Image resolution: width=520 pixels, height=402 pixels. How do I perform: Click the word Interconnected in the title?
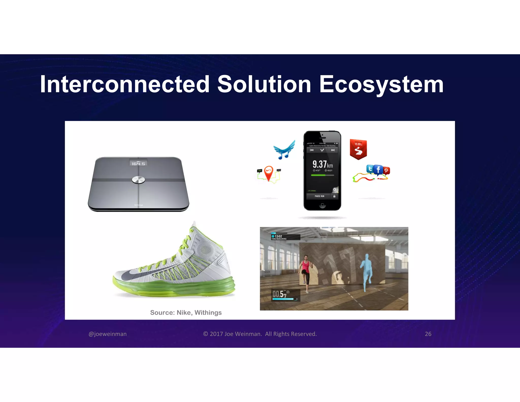pos(124,84)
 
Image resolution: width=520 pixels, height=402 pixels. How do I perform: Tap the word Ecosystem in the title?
pos(381,85)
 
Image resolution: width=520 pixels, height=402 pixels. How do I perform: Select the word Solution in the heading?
pos(264,84)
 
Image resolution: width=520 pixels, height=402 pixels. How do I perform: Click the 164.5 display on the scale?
pos(138,163)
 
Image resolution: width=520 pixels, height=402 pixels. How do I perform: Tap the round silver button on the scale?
pos(138,180)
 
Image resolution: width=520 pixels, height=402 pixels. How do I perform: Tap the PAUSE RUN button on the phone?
pos(319,196)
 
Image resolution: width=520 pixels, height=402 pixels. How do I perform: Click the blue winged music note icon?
pos(285,150)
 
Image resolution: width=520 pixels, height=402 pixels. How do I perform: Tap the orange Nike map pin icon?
pos(269,173)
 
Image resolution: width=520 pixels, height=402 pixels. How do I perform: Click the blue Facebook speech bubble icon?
pos(378,169)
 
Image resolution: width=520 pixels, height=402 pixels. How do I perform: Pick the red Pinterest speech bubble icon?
pos(386,171)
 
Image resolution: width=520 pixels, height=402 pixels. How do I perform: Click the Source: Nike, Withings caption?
pos(186,313)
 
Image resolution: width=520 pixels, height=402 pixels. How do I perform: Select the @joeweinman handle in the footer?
pos(108,334)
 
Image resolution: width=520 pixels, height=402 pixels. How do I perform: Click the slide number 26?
pos(428,334)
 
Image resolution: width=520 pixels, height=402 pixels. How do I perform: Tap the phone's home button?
pos(322,205)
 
